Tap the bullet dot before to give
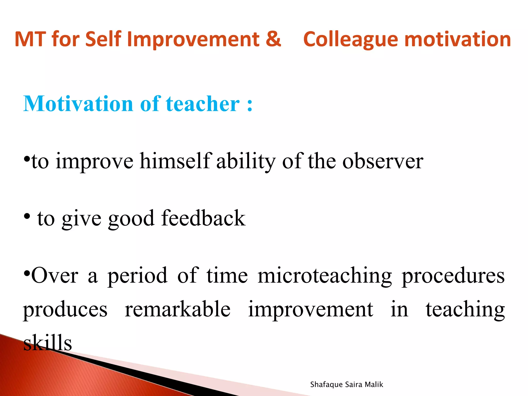pos(27,217)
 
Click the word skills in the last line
pos(47,343)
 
